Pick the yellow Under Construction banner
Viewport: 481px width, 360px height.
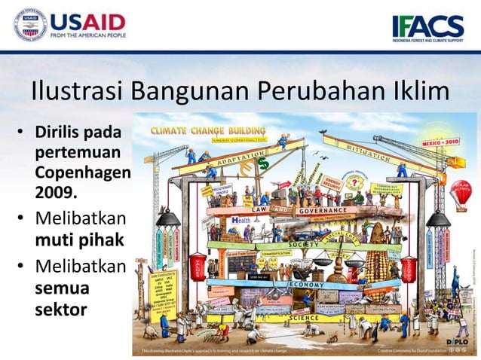point(238,140)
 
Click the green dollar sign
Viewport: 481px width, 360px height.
point(262,163)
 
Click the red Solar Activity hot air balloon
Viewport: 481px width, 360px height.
point(461,190)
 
